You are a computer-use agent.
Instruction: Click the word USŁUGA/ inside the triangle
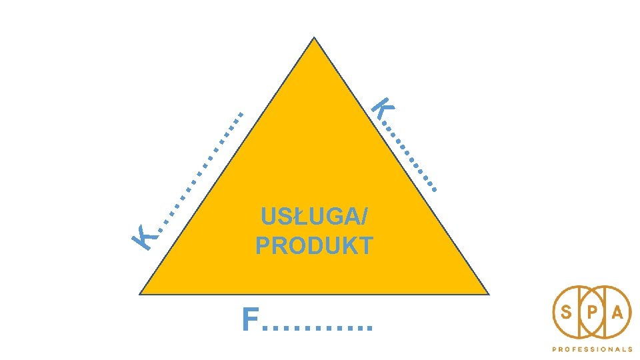click(x=314, y=218)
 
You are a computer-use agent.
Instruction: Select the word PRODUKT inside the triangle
click(x=314, y=246)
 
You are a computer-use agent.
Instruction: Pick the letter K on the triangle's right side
click(x=382, y=109)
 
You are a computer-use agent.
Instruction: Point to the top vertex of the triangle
click(x=314, y=37)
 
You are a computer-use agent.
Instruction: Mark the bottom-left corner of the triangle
click(x=139, y=294)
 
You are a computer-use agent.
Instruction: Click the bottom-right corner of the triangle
click(x=489, y=294)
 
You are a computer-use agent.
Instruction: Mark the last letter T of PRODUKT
click(x=365, y=246)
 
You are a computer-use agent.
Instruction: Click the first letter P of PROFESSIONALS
click(x=553, y=349)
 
